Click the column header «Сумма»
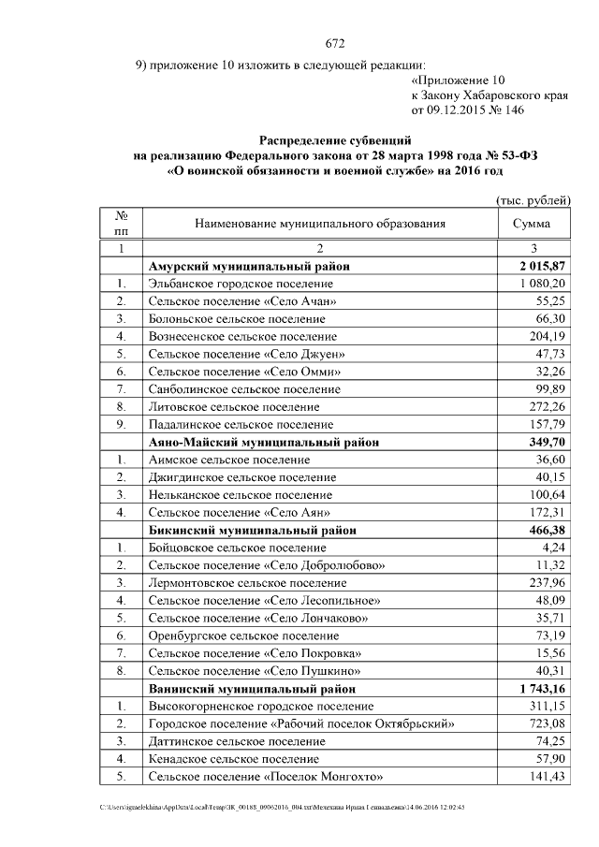pyautogui.click(x=532, y=224)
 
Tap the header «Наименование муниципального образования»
pyautogui.click(x=320, y=224)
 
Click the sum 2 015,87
pyautogui.click(x=543, y=267)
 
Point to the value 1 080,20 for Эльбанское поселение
pyautogui.click(x=543, y=284)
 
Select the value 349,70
pyautogui.click(x=548, y=443)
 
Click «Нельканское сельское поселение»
pyautogui.click(x=240, y=495)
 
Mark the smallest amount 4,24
pyautogui.click(x=554, y=548)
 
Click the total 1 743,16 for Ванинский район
pyautogui.click(x=543, y=689)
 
